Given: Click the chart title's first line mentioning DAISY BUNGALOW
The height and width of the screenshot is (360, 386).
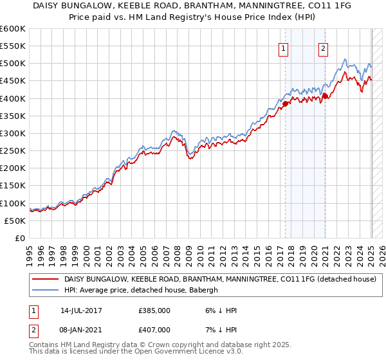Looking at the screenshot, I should tap(193, 6).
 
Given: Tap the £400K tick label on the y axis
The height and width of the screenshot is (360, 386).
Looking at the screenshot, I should tap(13, 98).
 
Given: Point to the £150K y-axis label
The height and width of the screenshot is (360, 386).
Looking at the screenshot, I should tap(13, 186).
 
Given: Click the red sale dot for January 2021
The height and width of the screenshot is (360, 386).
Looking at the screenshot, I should tap(326, 96).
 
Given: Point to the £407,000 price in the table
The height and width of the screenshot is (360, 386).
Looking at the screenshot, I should tap(154, 329).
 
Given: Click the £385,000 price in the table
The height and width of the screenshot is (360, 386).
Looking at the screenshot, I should tap(154, 310).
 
